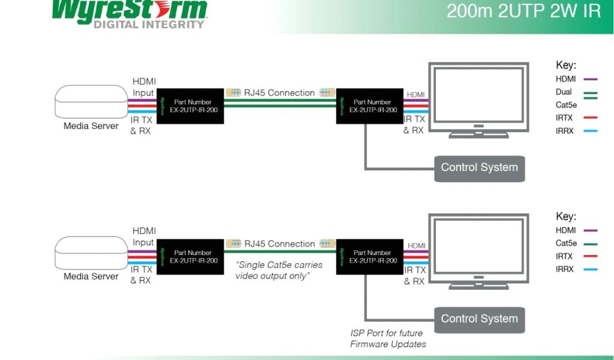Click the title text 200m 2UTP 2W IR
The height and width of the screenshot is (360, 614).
click(x=523, y=11)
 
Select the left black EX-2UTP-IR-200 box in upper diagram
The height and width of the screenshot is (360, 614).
click(x=190, y=106)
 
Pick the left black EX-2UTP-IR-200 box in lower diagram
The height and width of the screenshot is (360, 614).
click(x=190, y=257)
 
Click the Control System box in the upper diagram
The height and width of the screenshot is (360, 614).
click(x=479, y=168)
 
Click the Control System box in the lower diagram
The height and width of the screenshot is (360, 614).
click(x=479, y=319)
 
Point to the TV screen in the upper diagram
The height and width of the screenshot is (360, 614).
click(x=477, y=94)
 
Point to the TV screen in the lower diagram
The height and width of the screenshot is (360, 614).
click(x=477, y=245)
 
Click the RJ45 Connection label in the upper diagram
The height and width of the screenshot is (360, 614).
click(x=279, y=93)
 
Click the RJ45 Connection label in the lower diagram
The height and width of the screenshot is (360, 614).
click(x=279, y=244)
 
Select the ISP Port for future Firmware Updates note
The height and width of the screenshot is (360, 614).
click(x=388, y=338)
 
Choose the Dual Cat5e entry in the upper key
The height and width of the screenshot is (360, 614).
click(x=567, y=98)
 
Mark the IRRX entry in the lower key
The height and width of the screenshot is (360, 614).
click(x=565, y=269)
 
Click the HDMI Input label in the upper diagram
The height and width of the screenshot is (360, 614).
click(x=143, y=87)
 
